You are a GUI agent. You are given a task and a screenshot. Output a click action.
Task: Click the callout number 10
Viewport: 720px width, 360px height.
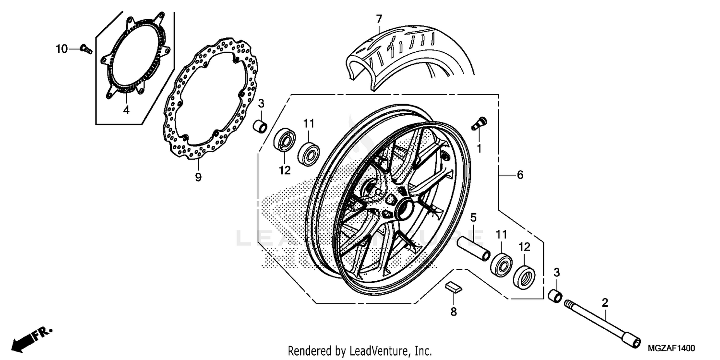click(x=62, y=48)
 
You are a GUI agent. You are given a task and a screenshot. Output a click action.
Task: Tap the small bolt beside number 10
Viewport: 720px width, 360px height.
click(x=85, y=48)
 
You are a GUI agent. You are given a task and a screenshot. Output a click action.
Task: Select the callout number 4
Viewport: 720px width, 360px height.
click(x=126, y=110)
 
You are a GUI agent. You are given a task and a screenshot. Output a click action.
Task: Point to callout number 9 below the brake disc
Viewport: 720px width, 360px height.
click(x=198, y=177)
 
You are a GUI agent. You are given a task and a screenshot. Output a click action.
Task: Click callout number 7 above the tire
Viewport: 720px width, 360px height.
click(x=379, y=20)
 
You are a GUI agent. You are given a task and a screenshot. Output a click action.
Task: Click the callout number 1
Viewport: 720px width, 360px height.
click(x=479, y=149)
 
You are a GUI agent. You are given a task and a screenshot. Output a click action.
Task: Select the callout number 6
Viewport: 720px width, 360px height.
click(x=520, y=176)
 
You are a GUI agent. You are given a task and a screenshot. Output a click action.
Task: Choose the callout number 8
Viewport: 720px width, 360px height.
click(x=454, y=312)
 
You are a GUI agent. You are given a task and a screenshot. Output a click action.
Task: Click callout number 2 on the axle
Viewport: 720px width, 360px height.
click(x=605, y=302)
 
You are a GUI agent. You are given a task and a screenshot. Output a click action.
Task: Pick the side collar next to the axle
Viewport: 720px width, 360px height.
click(x=556, y=295)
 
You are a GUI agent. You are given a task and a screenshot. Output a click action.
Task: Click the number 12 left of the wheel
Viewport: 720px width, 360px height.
click(x=284, y=169)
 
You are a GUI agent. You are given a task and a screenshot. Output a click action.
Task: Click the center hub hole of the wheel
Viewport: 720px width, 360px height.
click(x=403, y=209)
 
